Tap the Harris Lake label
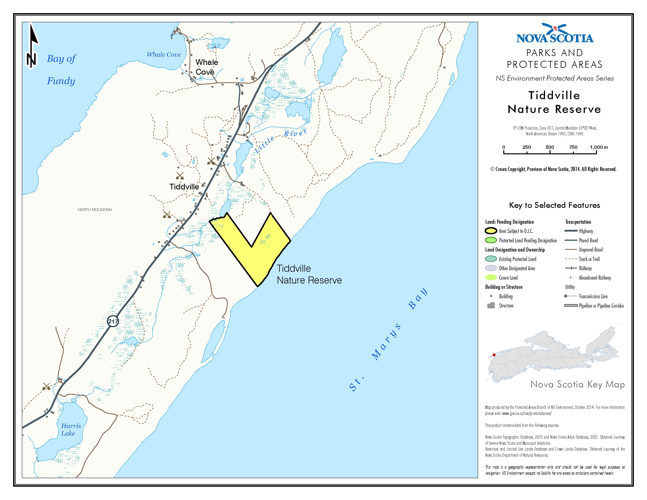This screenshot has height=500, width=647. coord(71,429)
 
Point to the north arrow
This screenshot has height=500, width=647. coord(32,46)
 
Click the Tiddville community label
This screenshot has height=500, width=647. coord(184,187)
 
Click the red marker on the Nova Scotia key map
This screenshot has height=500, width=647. coord(493,355)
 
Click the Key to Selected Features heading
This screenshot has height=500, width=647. coord(554,205)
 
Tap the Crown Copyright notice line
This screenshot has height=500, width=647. coord(553,169)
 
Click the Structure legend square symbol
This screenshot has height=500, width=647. coord(491,305)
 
